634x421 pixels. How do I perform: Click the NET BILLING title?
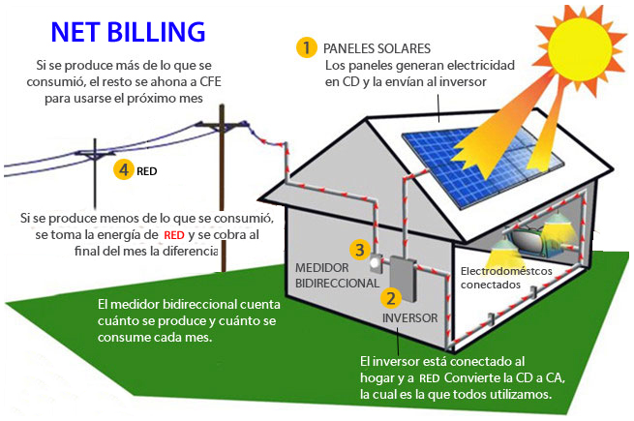(129, 31)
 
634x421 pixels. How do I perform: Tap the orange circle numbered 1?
(307, 46)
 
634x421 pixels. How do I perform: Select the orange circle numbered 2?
(391, 298)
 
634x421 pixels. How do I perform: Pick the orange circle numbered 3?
(359, 250)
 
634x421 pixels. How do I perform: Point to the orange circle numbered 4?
(123, 169)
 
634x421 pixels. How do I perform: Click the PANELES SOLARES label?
(377, 47)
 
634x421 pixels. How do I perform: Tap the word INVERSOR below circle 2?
(409, 317)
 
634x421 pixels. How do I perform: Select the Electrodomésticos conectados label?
(506, 278)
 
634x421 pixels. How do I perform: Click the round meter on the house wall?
(377, 262)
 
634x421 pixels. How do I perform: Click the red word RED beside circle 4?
(147, 171)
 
